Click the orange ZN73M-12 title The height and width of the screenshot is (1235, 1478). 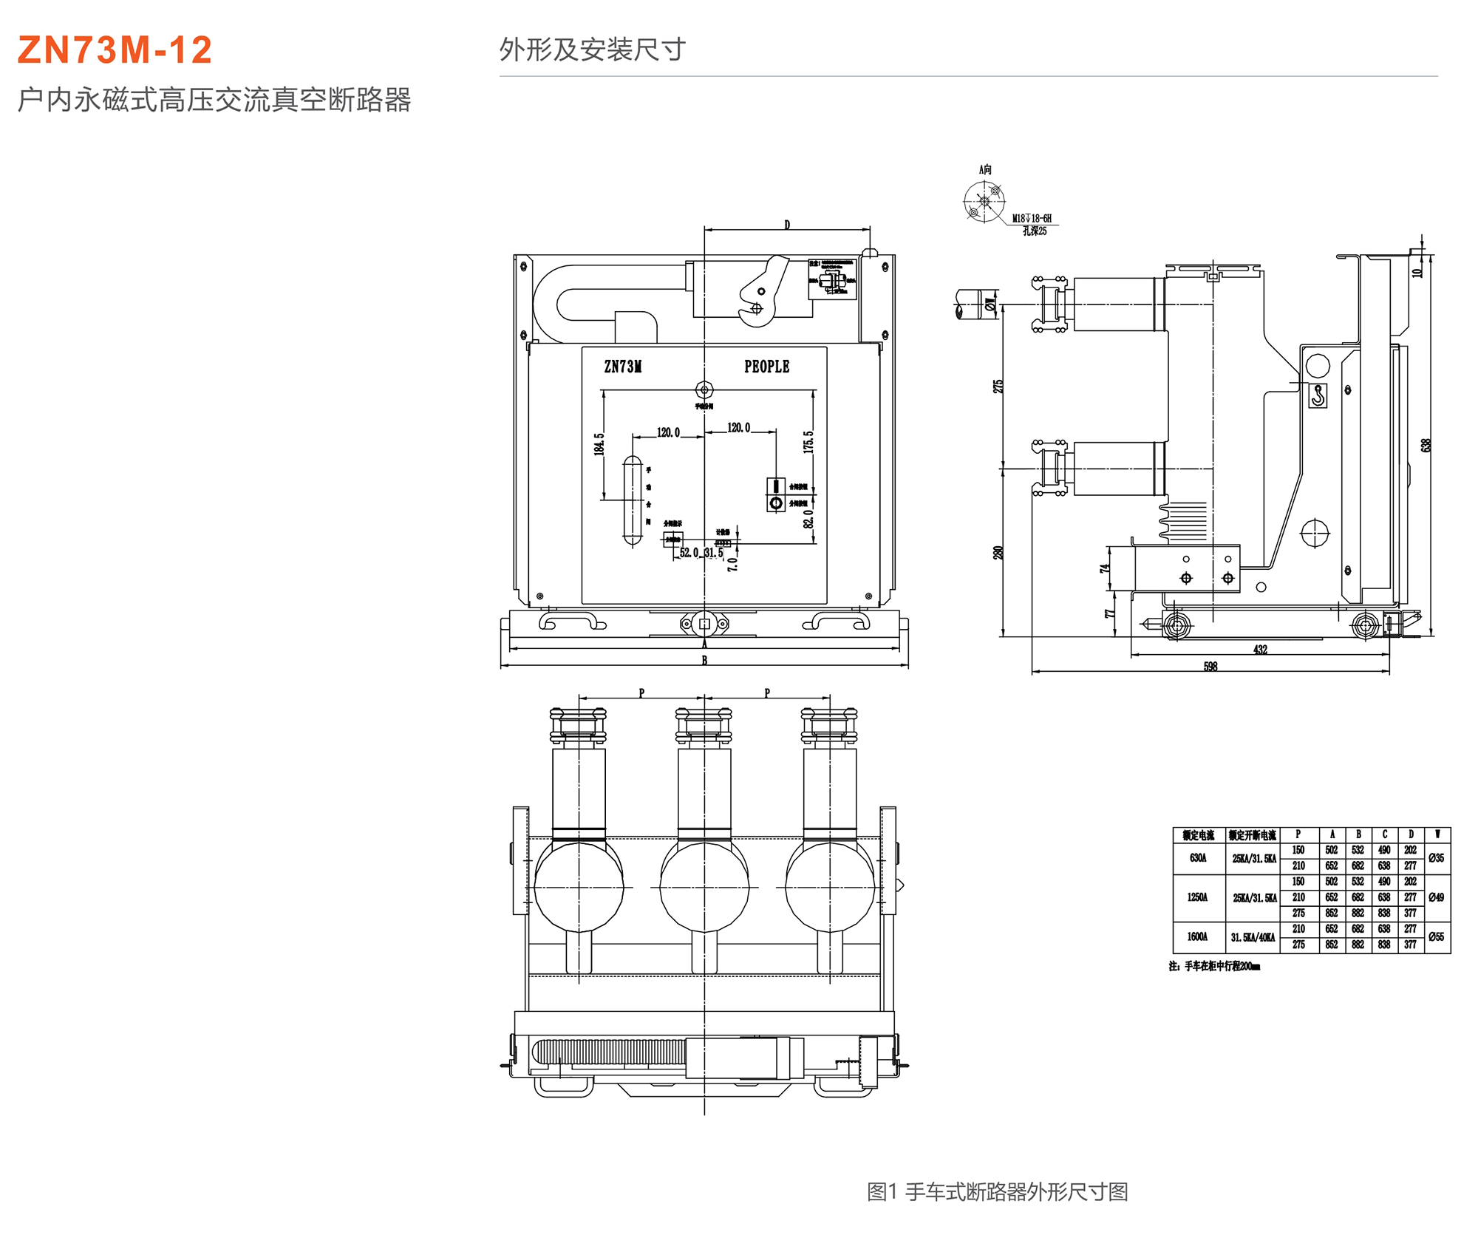coord(115,50)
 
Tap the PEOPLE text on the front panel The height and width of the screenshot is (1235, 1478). coord(766,367)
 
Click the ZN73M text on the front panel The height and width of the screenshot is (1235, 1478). coord(622,367)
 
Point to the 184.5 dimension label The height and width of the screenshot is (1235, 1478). coord(599,443)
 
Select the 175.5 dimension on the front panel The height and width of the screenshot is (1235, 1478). coord(808,442)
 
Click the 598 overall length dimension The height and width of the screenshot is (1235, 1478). coord(1210,667)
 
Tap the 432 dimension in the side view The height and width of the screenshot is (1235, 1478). coord(1260,650)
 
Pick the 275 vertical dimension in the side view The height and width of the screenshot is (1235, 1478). coord(998,387)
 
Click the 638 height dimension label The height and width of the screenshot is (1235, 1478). coord(1426,445)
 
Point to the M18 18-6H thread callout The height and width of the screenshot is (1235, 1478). coord(1032,219)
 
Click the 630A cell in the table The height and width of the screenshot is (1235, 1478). coord(1198,858)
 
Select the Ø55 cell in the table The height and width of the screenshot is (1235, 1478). coord(1436,936)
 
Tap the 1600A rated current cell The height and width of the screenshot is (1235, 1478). coord(1197,936)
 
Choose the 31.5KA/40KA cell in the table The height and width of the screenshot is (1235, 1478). coord(1253,937)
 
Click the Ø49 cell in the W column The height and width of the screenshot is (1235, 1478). coord(1436,897)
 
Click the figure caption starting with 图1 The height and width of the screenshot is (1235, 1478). coord(997,1191)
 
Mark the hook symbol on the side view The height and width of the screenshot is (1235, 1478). coord(1318,395)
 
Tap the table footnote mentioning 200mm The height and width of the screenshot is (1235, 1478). coord(1214,966)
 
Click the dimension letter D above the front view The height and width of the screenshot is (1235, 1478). coord(787,225)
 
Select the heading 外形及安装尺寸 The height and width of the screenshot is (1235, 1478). coord(592,50)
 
